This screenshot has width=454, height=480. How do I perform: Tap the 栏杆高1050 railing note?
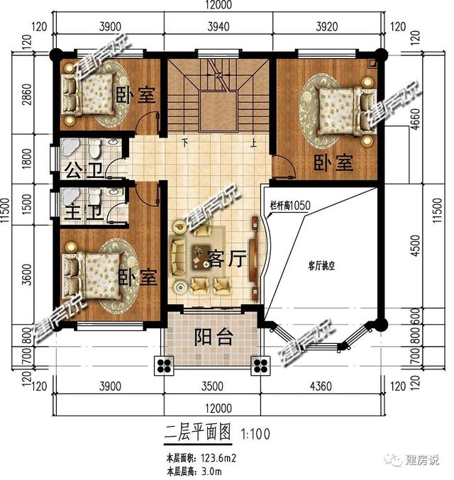click(x=291, y=205)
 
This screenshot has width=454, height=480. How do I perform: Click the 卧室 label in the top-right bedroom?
click(x=333, y=163)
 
